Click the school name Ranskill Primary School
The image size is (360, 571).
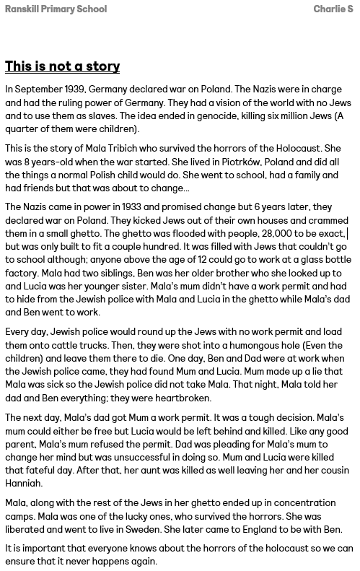(56, 9)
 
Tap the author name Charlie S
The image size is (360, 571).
(333, 9)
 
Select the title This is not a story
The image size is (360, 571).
(62, 66)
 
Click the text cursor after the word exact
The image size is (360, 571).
(347, 234)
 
